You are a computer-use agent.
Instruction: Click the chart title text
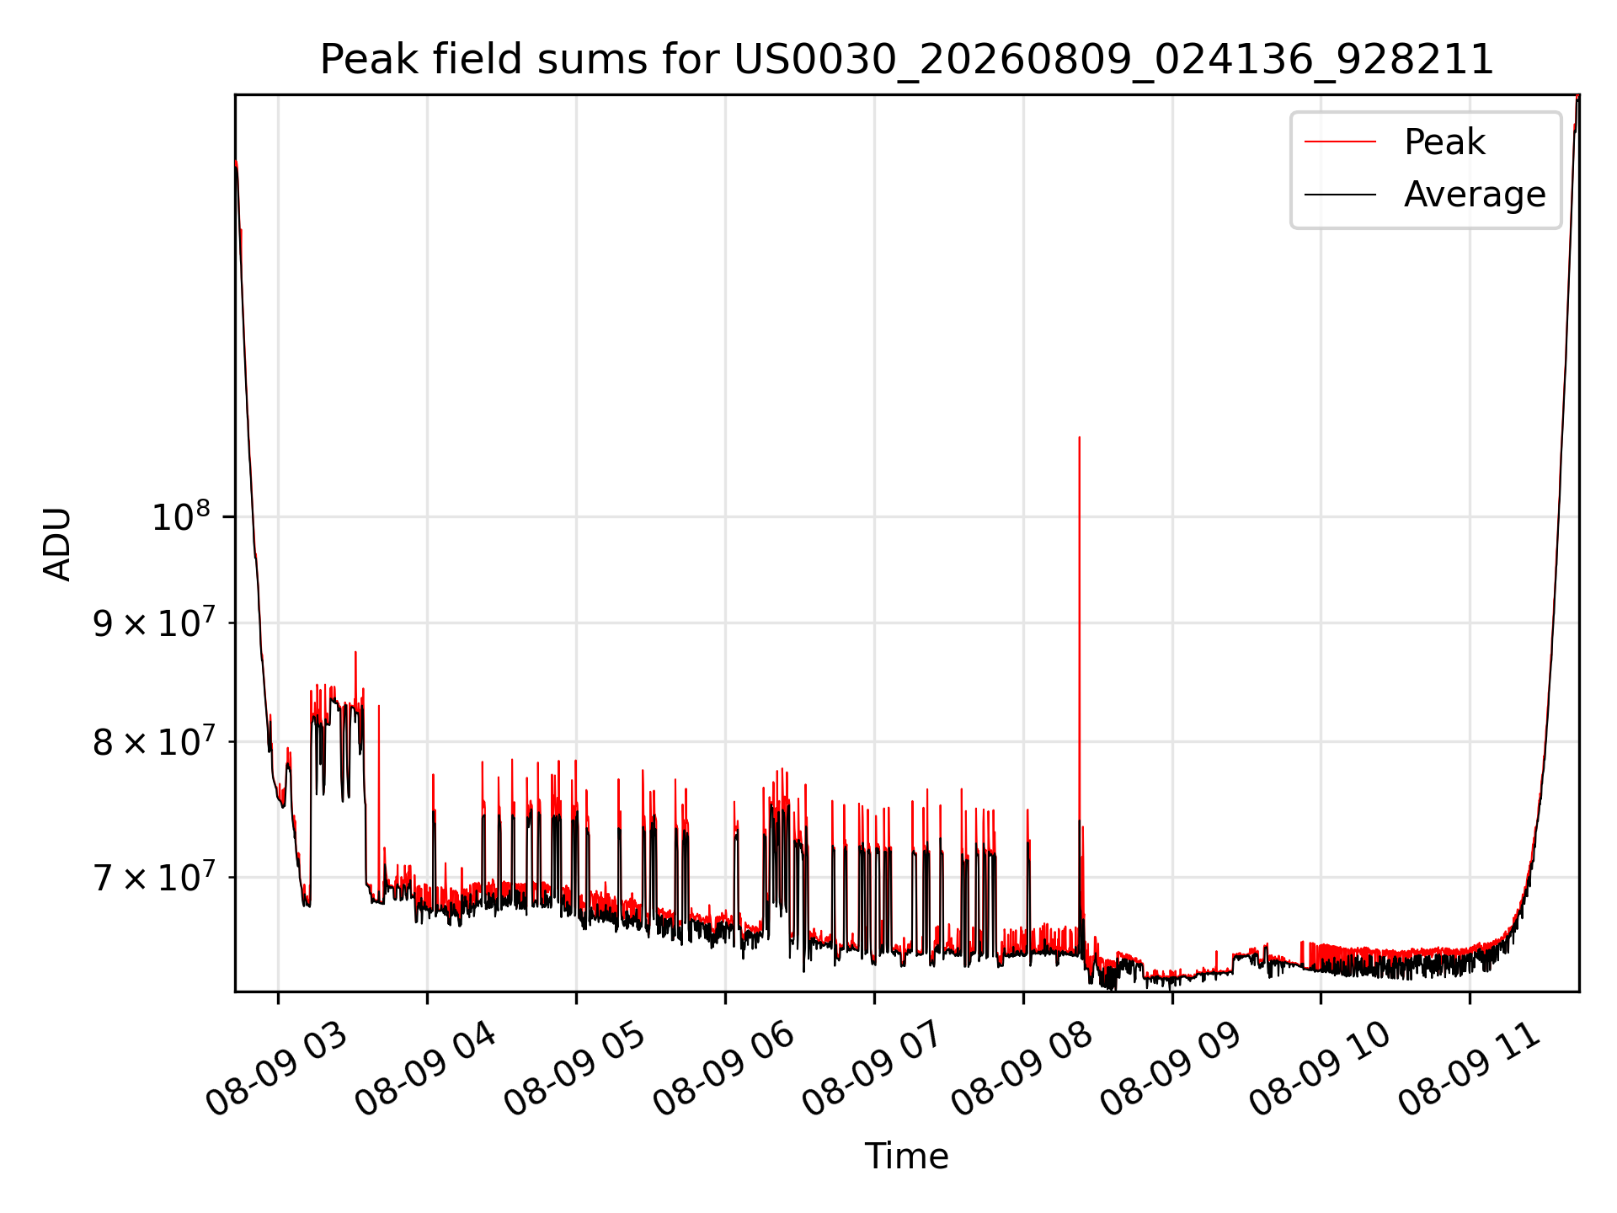907,60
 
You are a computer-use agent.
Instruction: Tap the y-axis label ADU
58,543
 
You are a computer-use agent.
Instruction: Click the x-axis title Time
907,1156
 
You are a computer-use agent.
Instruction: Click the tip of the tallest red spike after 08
1079,437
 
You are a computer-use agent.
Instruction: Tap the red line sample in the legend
1340,142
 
